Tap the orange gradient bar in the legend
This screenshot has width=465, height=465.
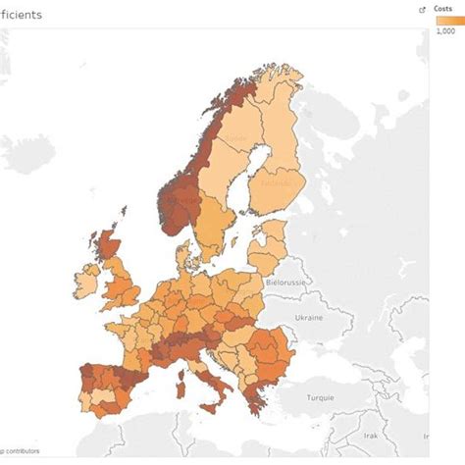tap(447, 21)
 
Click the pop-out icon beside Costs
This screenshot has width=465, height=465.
tap(422, 9)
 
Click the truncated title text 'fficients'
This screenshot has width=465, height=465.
tap(21, 17)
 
